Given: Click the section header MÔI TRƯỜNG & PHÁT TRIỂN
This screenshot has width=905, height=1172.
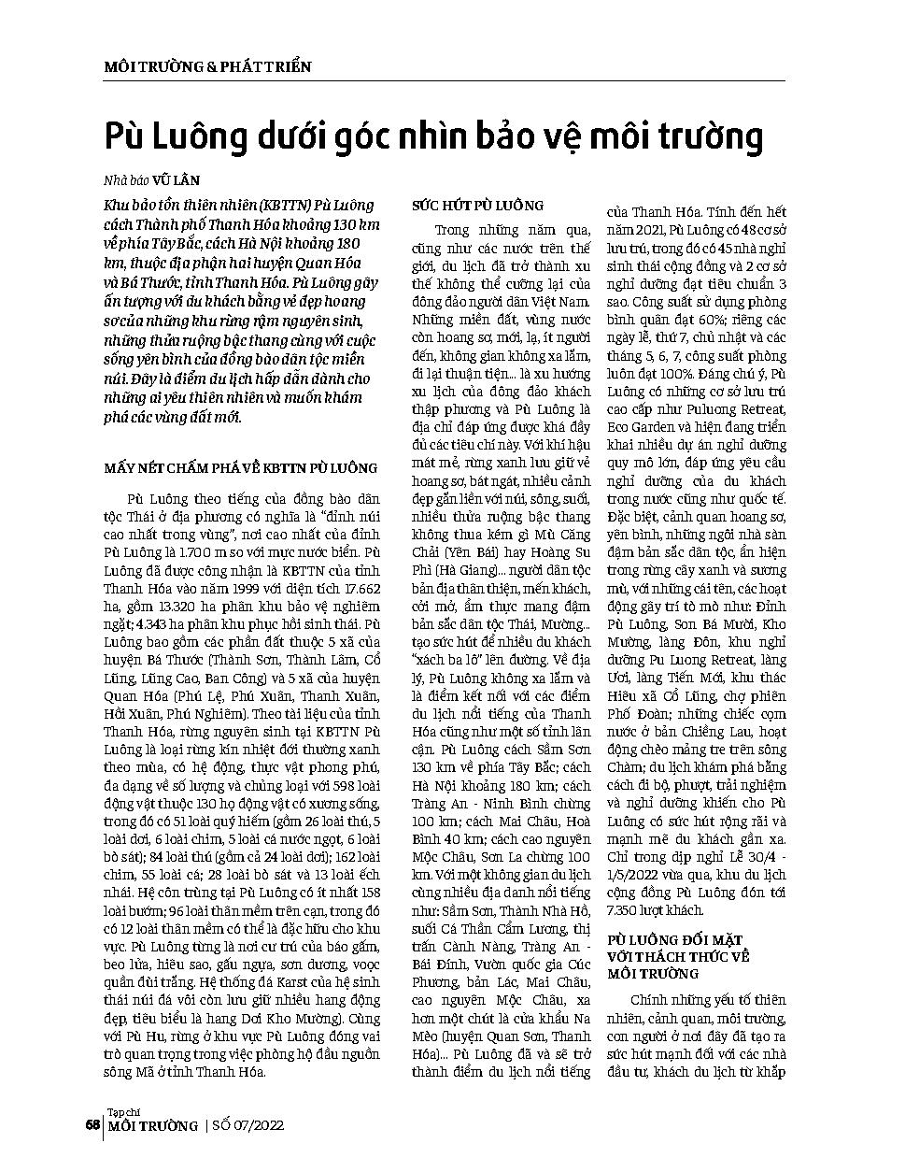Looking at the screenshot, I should tap(206, 67).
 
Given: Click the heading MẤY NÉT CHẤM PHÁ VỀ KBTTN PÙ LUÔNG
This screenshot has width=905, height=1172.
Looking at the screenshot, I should tap(240, 468).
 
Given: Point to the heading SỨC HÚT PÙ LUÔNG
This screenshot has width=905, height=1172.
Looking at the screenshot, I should tap(478, 205).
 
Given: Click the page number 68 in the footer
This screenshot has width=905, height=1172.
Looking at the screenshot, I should tap(92, 1124).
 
